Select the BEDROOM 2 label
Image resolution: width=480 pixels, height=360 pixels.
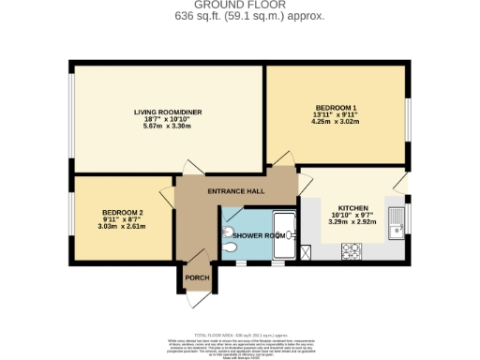click(x=122, y=212)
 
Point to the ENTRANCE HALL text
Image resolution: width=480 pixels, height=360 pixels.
click(x=235, y=191)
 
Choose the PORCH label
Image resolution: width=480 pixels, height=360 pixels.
click(x=197, y=277)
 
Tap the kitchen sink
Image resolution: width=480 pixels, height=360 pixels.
click(x=394, y=223)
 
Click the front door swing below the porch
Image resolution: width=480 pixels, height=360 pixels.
click(x=198, y=299)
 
